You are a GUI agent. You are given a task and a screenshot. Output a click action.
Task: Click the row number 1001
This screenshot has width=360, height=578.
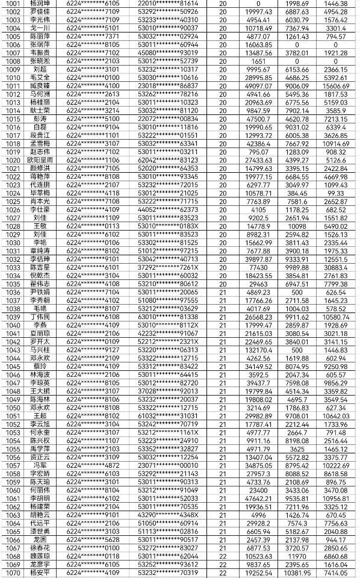(11, 4)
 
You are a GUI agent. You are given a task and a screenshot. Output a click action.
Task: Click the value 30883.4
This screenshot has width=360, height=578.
(336, 267)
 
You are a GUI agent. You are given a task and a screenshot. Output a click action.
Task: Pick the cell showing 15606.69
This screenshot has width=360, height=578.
(336, 85)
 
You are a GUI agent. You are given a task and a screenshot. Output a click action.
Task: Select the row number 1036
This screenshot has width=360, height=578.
(11, 291)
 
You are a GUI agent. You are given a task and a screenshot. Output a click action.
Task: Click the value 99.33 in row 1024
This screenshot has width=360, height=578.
(336, 193)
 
